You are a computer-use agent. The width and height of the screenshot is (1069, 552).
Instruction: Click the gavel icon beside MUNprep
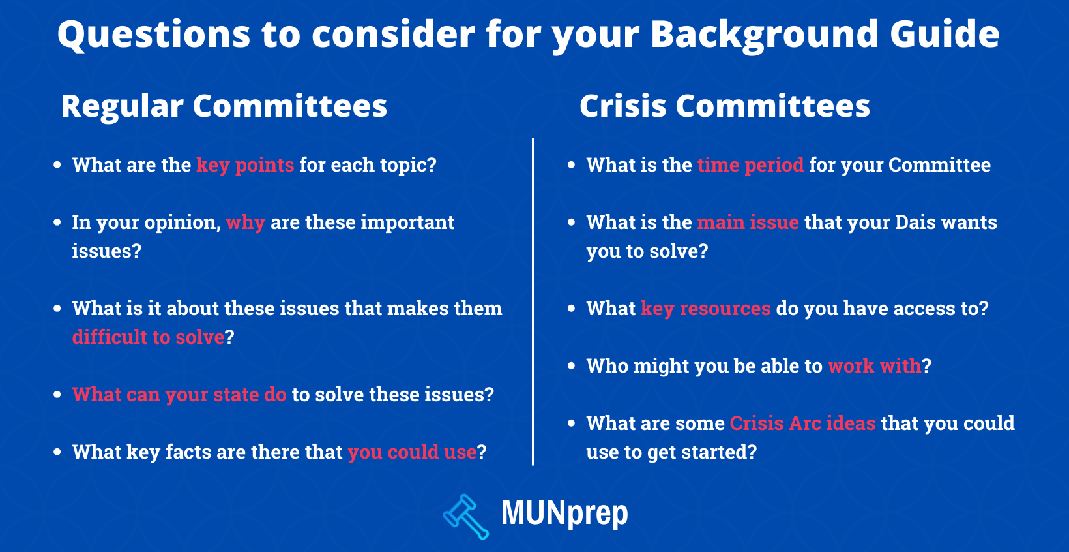click(465, 517)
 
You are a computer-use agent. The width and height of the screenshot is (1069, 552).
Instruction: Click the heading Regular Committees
click(224, 106)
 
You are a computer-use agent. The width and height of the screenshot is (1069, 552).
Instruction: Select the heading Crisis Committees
click(724, 106)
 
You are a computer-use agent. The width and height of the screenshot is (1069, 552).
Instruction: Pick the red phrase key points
click(245, 165)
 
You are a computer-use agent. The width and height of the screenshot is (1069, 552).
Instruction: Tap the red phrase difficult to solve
click(149, 337)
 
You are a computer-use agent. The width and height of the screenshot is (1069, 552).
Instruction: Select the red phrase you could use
click(413, 452)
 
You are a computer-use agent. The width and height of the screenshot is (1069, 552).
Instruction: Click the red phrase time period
click(751, 165)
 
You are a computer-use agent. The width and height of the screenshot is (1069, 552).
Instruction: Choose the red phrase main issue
click(748, 222)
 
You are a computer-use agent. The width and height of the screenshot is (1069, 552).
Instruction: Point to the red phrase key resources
click(706, 309)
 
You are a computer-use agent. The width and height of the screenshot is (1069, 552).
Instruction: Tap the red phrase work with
click(875, 366)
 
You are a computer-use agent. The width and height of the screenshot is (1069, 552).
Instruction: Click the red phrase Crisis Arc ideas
click(802, 423)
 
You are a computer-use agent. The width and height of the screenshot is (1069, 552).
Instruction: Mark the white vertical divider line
click(533, 302)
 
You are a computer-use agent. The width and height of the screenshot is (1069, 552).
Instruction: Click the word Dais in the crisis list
click(915, 222)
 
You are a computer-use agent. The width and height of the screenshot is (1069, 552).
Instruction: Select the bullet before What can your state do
click(57, 395)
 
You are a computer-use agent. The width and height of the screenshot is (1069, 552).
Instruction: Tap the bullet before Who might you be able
click(571, 366)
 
